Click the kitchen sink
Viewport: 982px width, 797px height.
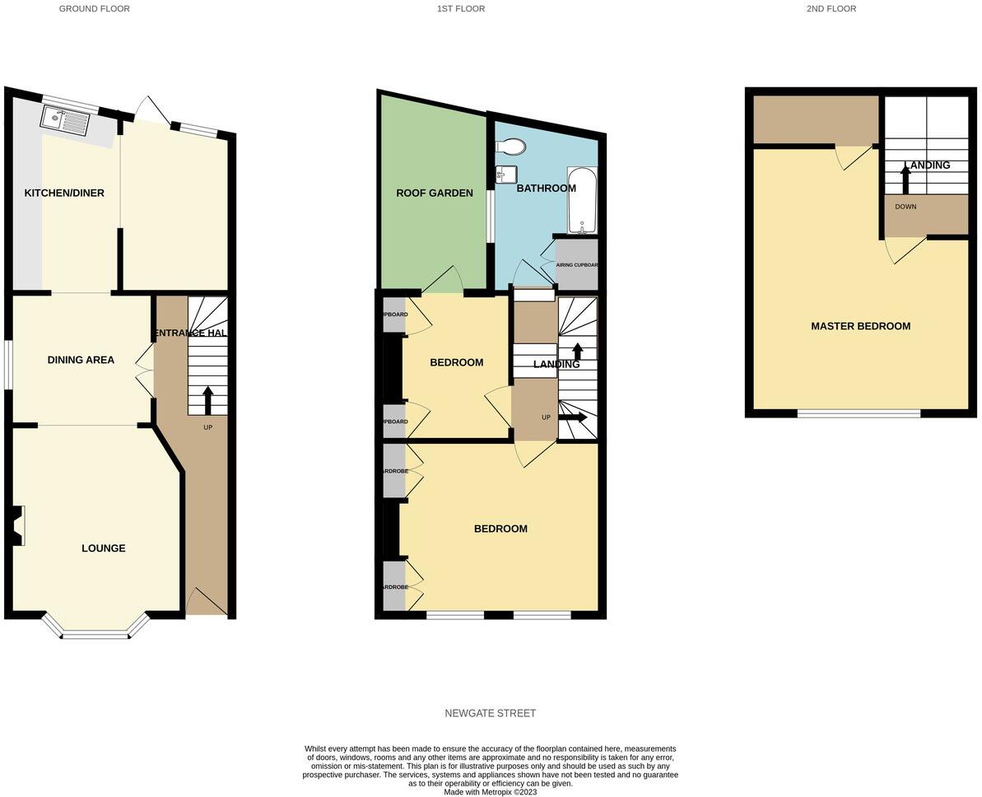pyautogui.click(x=65, y=122)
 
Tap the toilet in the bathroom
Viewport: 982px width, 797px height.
pyautogui.click(x=511, y=147)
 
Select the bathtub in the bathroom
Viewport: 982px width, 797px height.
pyautogui.click(x=582, y=201)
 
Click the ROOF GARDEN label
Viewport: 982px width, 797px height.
pyautogui.click(x=435, y=193)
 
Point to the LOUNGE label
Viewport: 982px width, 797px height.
pyautogui.click(x=104, y=548)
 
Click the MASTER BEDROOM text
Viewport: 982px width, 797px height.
pyautogui.click(x=860, y=326)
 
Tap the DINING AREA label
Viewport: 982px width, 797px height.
pyautogui.click(x=81, y=360)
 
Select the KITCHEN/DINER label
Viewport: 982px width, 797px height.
pyautogui.click(x=64, y=193)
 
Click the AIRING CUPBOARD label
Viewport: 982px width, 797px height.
pyautogui.click(x=577, y=265)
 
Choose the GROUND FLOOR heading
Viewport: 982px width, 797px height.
pyautogui.click(x=94, y=9)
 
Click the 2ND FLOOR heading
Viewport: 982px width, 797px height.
pyautogui.click(x=831, y=9)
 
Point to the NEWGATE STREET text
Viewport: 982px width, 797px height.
pyautogui.click(x=491, y=713)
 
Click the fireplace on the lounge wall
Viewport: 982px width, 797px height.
pyautogui.click(x=18, y=525)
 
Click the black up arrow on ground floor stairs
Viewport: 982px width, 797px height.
pyautogui.click(x=207, y=399)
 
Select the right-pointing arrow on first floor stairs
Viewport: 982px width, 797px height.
pyautogui.click(x=573, y=417)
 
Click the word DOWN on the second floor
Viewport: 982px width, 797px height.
pyautogui.click(x=905, y=207)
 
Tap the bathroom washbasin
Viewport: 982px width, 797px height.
pyautogui.click(x=505, y=174)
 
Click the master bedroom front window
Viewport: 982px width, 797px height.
pyautogui.click(x=859, y=413)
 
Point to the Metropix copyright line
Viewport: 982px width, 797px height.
pyautogui.click(x=491, y=792)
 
